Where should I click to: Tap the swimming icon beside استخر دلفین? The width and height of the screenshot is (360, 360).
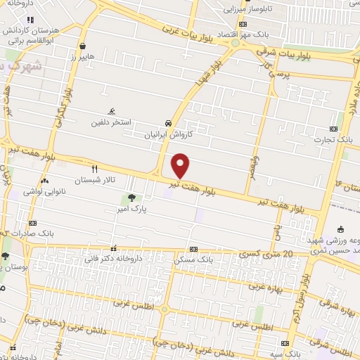tap(111, 112)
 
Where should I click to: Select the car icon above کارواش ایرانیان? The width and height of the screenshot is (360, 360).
tap(167, 121)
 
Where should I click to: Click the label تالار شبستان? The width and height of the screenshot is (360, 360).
tap(96, 180)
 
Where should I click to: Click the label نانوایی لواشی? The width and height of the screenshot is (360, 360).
tap(43, 191)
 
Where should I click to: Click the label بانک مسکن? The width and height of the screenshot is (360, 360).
tap(194, 260)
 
